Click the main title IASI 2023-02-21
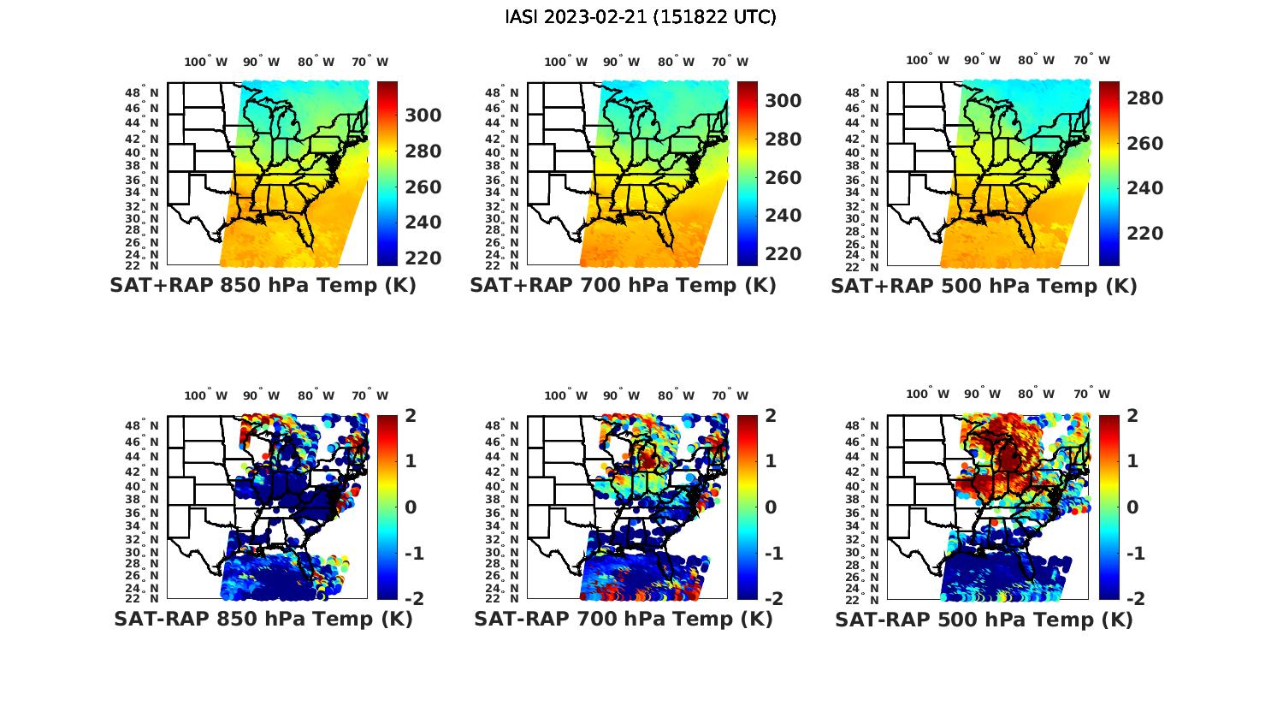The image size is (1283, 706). point(641,17)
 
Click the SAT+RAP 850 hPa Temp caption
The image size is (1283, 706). point(263,286)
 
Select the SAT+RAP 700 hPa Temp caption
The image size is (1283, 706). point(623,286)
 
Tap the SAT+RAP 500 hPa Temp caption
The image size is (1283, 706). point(984,286)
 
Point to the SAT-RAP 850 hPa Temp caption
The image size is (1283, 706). point(263,619)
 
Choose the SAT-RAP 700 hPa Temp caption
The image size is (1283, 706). point(623,619)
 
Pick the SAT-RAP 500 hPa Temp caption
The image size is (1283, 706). point(984,619)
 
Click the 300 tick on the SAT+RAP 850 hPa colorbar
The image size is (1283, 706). point(423,116)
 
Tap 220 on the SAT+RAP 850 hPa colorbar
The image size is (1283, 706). point(423,258)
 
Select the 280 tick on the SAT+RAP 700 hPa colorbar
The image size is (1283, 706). point(783,139)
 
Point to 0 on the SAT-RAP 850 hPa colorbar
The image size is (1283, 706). point(410,507)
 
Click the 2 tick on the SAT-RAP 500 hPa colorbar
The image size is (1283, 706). point(1133,416)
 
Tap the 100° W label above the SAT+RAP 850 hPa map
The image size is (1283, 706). point(206,62)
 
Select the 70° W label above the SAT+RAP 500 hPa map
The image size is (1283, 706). point(1091,60)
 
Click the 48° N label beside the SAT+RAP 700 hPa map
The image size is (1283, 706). point(501,92)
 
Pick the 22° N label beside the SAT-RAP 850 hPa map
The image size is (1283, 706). point(142,598)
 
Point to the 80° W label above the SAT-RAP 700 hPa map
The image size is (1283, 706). point(677,395)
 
